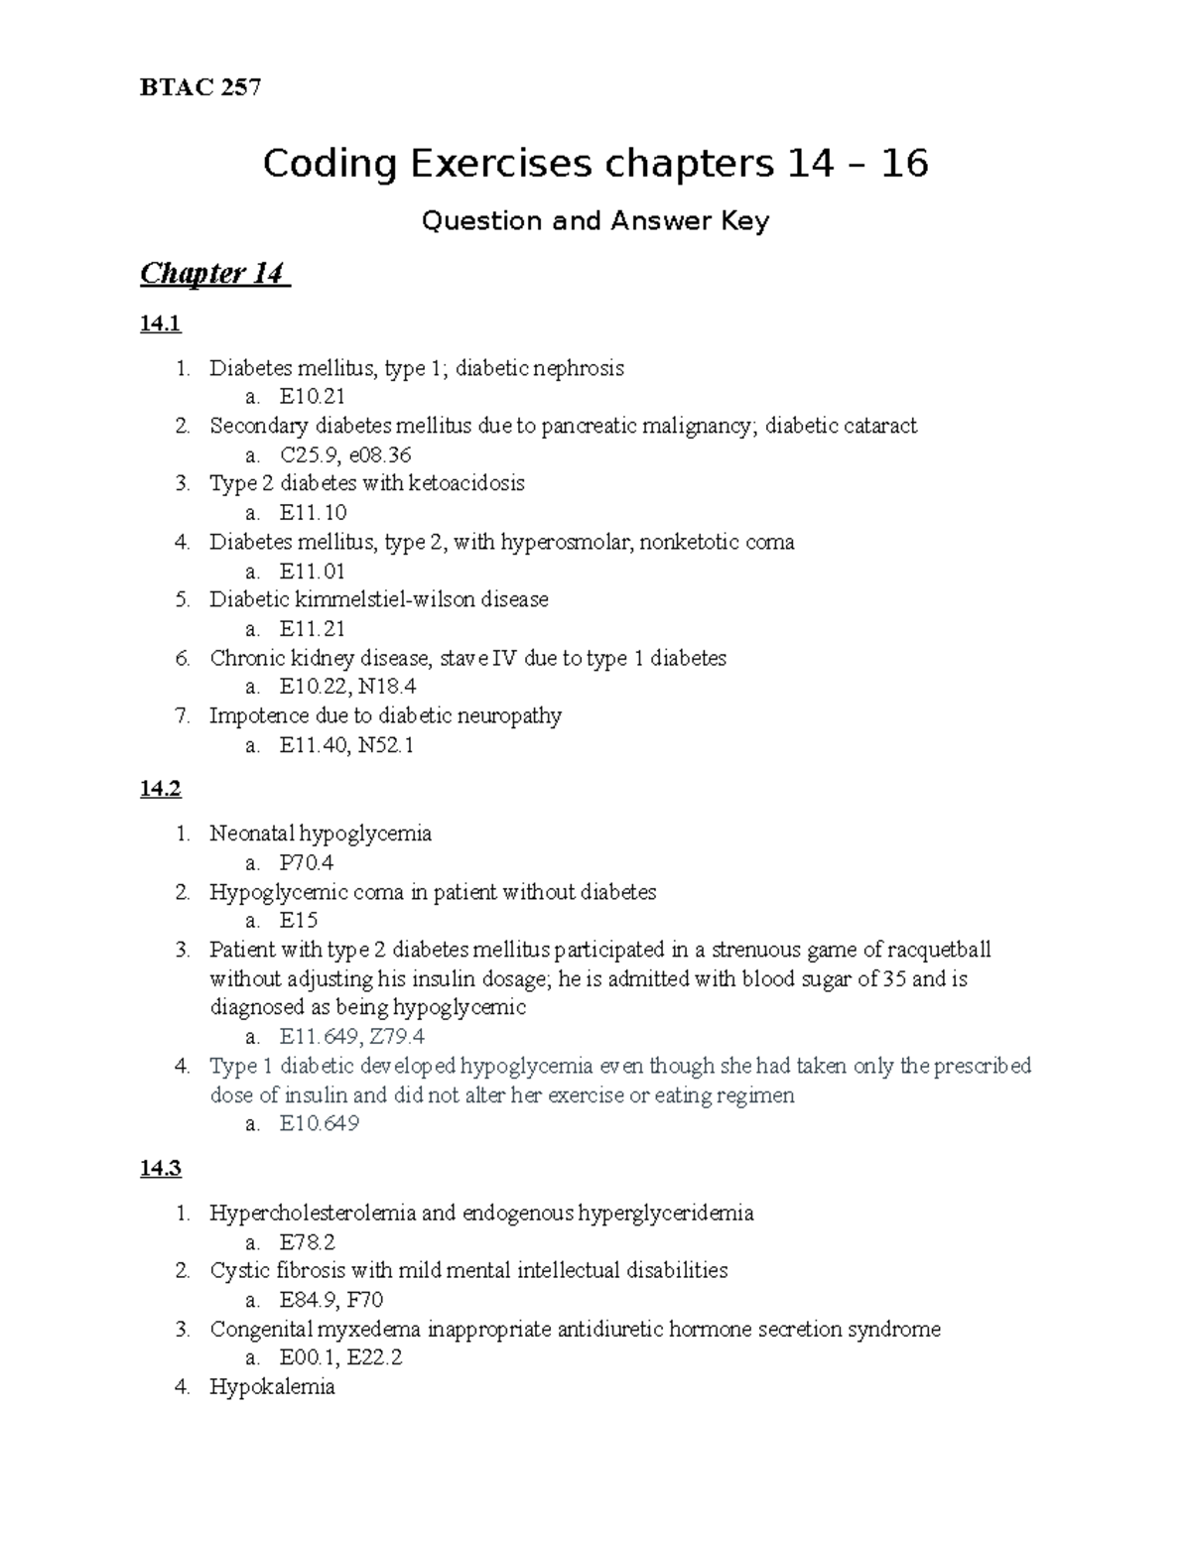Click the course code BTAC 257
coord(200,88)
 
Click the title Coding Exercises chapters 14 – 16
coord(595,164)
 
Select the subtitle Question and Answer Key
coord(595,221)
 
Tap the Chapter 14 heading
coord(213,273)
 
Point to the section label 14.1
coord(161,323)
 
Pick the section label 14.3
coord(161,1168)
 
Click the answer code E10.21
coord(313,397)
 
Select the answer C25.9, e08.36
coord(344,455)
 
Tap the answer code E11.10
coord(313,513)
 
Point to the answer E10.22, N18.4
coord(347,687)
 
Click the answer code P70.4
coord(307,862)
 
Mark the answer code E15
coord(299,920)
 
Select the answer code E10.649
coord(319,1123)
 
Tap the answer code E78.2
coord(308,1241)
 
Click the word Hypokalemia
coord(272,1387)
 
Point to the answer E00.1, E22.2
coord(340,1357)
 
